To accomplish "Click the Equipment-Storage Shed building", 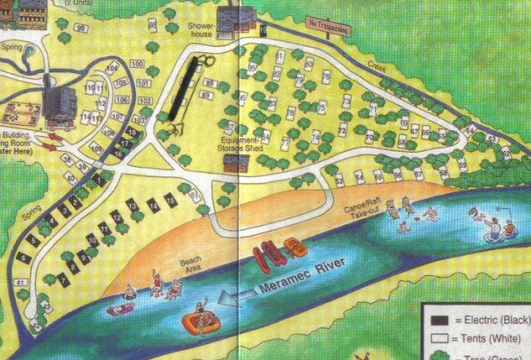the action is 236,163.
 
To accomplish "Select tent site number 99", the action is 80,28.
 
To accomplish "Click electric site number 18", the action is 132,133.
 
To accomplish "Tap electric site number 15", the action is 169,199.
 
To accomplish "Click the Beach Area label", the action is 190,263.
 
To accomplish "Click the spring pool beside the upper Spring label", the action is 31,51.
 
